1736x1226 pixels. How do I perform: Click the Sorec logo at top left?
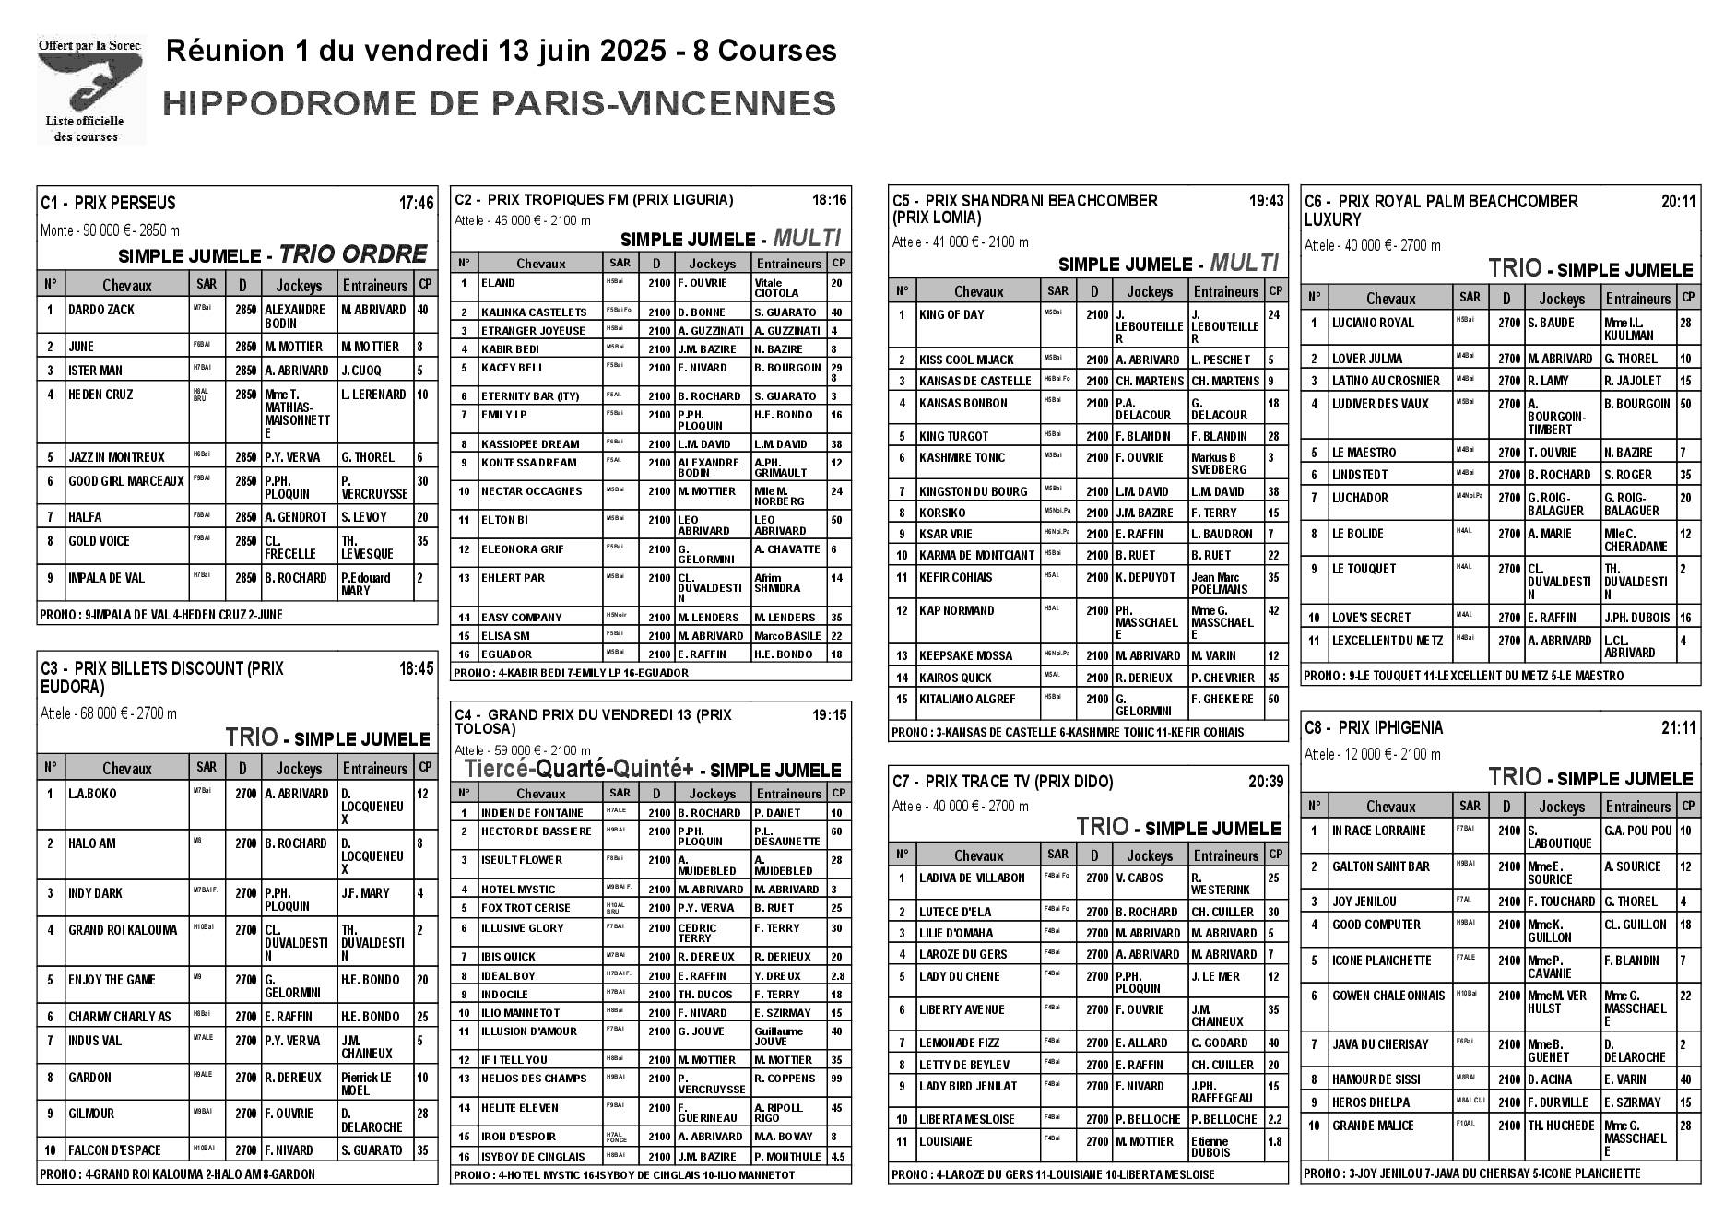click(90, 90)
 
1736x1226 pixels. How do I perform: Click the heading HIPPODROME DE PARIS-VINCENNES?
click(499, 103)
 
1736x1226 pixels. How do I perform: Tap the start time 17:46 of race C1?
click(416, 203)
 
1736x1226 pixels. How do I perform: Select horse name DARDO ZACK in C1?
click(101, 310)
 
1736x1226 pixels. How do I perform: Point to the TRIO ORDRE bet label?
click(353, 254)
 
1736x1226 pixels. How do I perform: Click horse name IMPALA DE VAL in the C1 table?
click(106, 578)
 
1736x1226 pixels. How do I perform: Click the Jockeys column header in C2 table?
click(712, 264)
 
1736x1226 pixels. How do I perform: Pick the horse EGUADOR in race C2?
click(506, 654)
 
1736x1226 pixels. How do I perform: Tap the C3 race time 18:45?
click(416, 669)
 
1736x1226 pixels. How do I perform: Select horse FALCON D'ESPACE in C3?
click(114, 1150)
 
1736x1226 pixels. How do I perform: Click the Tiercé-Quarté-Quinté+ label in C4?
click(578, 769)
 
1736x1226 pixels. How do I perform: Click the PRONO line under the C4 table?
click(624, 1175)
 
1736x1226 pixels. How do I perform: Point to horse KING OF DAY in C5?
click(951, 315)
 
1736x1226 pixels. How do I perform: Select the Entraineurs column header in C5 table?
click(1225, 291)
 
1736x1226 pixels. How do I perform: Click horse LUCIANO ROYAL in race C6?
click(1372, 323)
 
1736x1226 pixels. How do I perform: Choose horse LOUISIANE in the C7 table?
click(945, 1141)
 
